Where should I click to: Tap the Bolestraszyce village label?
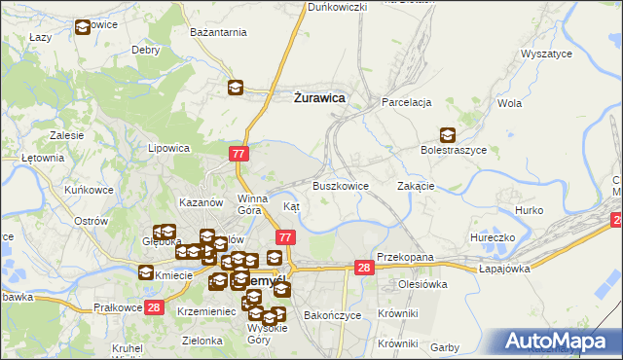tap(453, 150)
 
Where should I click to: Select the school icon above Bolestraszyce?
tap(447, 134)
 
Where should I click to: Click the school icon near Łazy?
tap(82, 27)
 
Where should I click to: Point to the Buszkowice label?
tap(340, 185)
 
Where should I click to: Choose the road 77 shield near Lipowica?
tap(239, 154)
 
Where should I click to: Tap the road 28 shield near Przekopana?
tap(363, 268)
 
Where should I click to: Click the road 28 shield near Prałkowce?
tap(153, 307)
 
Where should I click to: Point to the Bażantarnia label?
tap(218, 33)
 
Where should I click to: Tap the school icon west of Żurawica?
tap(236, 88)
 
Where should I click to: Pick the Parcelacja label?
tap(406, 102)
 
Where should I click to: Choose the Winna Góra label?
tap(251, 203)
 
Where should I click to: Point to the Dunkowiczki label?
tap(337, 7)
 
